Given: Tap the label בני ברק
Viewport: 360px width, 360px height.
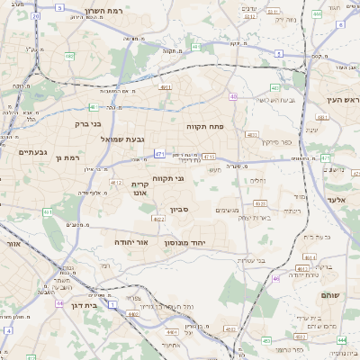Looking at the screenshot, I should (87, 124).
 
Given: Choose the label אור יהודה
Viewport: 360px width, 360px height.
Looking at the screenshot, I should (130, 242).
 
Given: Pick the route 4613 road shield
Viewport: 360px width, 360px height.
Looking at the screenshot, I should (310, 256).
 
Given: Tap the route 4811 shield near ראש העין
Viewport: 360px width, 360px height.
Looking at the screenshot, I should (323, 117).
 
